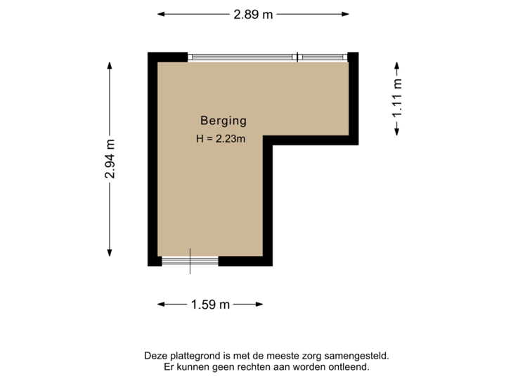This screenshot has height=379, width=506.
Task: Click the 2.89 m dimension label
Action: point(252,13)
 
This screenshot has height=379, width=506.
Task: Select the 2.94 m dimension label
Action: point(110,159)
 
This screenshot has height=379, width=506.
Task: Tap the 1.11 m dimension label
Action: point(398,98)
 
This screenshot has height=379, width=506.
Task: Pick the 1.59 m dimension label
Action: point(210,305)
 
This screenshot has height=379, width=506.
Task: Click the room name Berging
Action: point(223,120)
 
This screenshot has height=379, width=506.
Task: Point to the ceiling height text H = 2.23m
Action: point(221,139)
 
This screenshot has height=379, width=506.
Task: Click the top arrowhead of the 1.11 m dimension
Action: point(398,61)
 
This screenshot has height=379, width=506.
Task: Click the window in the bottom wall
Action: point(190,262)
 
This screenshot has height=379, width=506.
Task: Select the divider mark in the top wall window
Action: point(298,56)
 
